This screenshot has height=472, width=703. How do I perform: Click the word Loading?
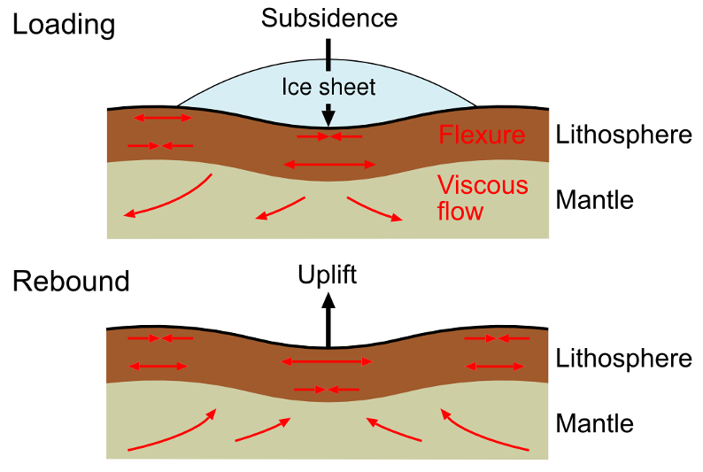[x=64, y=25]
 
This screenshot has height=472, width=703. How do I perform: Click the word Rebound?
[x=71, y=282]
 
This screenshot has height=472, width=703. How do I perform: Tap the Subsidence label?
[x=329, y=19]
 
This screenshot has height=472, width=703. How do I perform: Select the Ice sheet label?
[x=328, y=87]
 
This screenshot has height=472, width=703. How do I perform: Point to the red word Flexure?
[x=482, y=135]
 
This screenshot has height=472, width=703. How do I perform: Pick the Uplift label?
[x=327, y=275]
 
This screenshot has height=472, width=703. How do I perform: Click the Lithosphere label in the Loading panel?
[x=623, y=135]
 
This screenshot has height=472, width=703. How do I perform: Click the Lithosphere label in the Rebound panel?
[x=623, y=359]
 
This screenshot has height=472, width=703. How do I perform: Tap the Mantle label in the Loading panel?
[x=594, y=200]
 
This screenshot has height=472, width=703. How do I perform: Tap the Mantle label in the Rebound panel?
[x=594, y=423]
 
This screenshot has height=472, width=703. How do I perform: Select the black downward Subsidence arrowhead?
[x=328, y=117]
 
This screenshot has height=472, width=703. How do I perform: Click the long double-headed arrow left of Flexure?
[x=329, y=165]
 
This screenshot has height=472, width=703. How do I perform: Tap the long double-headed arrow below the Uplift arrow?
[x=327, y=361]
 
